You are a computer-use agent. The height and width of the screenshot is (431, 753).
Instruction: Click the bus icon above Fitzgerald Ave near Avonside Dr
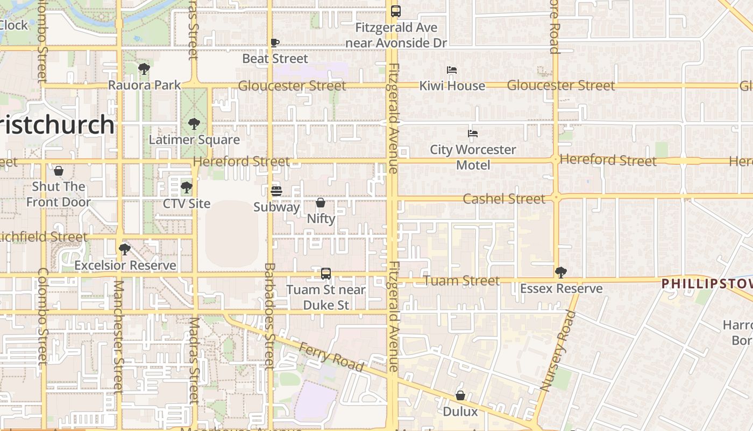[396, 11]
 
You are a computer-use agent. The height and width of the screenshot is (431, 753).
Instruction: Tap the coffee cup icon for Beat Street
[275, 43]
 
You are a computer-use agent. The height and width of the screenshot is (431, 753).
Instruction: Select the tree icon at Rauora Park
[144, 69]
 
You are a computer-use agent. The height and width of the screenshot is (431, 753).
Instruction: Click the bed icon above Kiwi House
[452, 70]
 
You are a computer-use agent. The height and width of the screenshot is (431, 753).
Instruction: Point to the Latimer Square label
[194, 140]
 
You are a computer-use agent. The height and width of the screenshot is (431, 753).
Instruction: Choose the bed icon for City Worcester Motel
[473, 133]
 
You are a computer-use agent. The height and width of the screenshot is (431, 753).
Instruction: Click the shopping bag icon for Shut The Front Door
[59, 171]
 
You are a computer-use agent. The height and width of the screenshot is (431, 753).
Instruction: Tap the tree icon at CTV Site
[187, 187]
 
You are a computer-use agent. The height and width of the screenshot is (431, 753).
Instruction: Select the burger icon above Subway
[276, 191]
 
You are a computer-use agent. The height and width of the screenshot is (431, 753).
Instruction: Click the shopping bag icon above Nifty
[321, 203]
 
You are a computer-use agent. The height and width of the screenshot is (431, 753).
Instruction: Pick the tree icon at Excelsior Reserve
[125, 249]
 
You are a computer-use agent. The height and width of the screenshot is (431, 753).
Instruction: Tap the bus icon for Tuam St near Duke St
[326, 274]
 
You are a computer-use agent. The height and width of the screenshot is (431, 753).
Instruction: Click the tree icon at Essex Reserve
[561, 272]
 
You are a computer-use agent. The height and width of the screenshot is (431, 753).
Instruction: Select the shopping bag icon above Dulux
[460, 395]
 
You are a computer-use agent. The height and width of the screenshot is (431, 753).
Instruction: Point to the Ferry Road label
[332, 356]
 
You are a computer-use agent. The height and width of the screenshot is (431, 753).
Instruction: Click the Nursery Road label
[554, 350]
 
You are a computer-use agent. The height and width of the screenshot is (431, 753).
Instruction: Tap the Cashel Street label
[504, 199]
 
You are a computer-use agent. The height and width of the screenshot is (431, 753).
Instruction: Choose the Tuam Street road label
[461, 281]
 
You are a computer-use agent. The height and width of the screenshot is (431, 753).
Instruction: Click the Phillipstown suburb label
[706, 284]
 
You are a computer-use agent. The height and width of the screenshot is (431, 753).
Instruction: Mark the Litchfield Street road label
[43, 237]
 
